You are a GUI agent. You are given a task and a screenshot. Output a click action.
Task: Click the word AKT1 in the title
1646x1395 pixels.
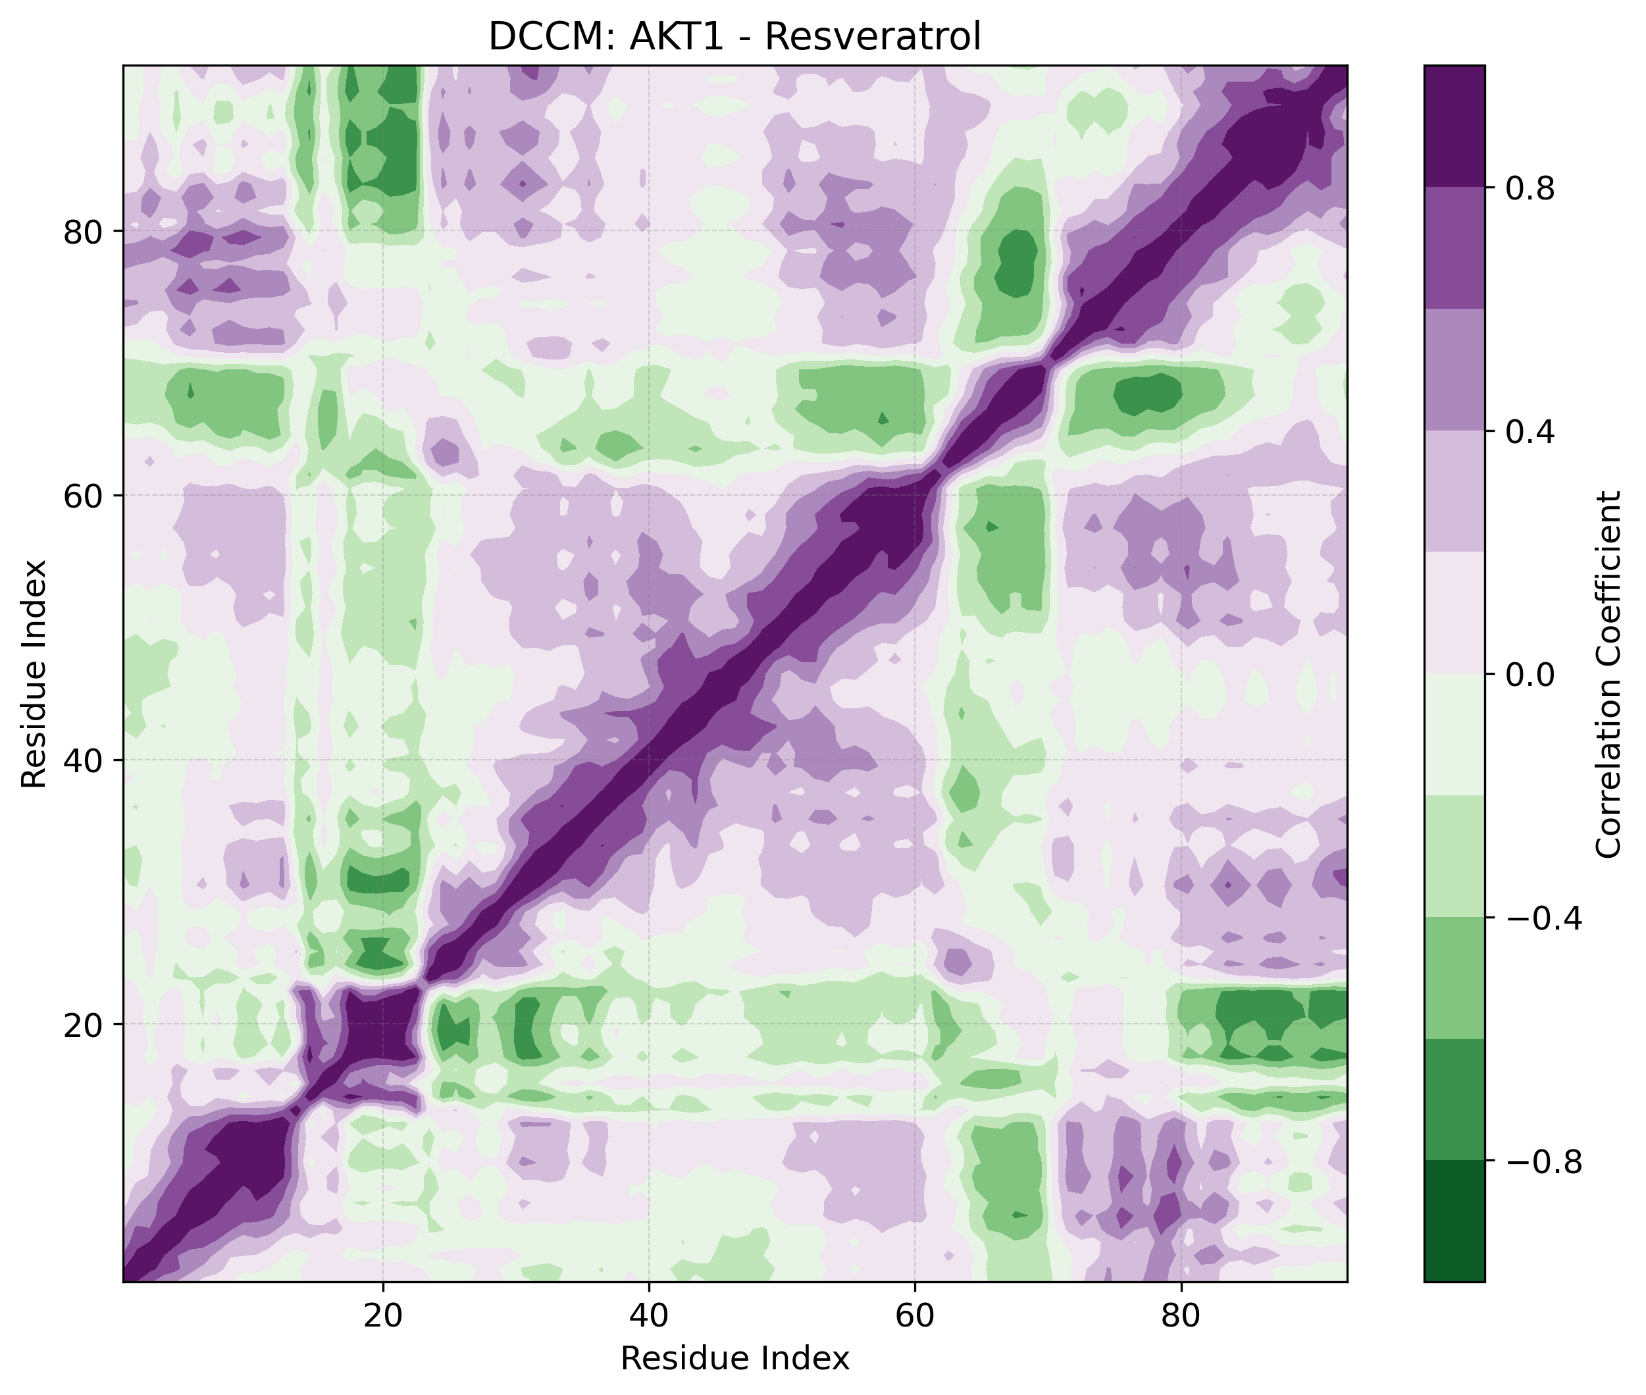tap(676, 37)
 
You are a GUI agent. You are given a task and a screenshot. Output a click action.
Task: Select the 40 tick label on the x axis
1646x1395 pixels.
tap(648, 1316)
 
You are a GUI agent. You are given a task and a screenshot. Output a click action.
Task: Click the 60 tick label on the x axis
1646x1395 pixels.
tap(915, 1316)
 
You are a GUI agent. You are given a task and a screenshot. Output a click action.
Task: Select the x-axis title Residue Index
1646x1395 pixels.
tap(734, 1359)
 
